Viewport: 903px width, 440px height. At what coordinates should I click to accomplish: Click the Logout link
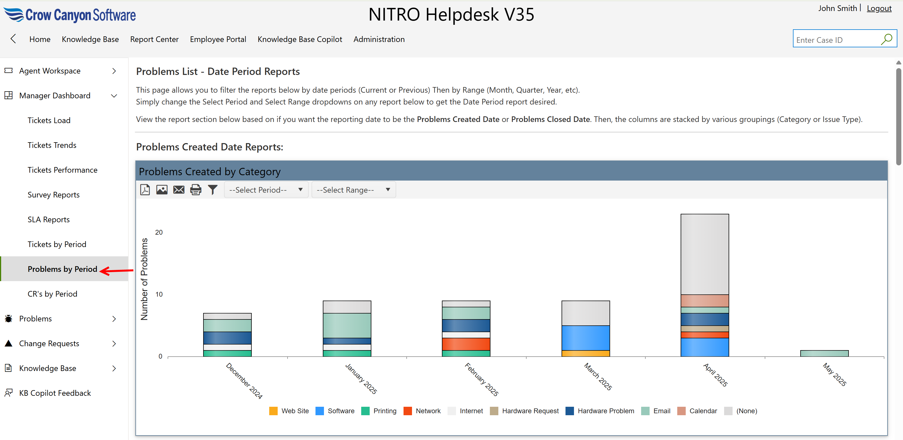879,8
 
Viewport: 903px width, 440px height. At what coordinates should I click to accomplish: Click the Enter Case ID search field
836,40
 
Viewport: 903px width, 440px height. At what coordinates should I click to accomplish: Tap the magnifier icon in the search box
887,39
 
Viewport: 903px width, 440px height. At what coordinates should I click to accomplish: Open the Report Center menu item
154,39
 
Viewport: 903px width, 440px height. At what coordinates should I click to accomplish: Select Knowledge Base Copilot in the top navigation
300,39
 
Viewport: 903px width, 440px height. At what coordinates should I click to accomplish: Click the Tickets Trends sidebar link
52,145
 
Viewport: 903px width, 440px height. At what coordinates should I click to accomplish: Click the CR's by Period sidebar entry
52,294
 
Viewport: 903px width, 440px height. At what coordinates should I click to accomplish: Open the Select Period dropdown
266,190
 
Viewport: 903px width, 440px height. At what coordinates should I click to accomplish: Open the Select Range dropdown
353,190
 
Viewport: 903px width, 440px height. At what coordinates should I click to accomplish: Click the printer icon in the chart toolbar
196,190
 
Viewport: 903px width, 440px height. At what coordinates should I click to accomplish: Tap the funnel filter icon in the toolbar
213,190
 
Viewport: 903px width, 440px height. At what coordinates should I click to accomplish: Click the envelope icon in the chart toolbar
179,190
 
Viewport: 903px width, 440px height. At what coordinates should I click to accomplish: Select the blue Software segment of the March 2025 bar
586,338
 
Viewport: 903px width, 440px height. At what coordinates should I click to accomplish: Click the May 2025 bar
824,353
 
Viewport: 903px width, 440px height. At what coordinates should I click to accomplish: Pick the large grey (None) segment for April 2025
705,254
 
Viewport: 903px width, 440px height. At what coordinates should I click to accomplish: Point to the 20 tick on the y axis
159,232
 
